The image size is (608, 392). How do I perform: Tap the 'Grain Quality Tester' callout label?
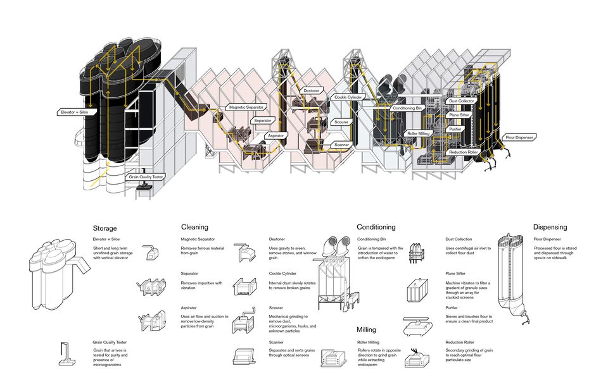click(x=146, y=176)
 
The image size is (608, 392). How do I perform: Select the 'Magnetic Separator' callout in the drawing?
click(x=246, y=107)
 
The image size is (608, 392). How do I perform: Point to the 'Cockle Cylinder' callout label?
click(x=348, y=97)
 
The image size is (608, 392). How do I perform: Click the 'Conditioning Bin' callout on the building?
click(x=408, y=108)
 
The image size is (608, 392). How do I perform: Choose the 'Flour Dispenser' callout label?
click(x=519, y=137)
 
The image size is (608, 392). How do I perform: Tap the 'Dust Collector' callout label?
click(x=461, y=101)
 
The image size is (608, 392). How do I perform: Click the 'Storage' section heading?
click(x=105, y=228)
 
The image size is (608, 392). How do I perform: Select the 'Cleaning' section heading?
click(x=194, y=227)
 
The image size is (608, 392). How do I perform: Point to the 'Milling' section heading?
click(x=366, y=329)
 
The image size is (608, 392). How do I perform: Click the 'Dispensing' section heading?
click(x=550, y=227)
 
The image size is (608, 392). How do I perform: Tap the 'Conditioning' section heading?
click(x=376, y=227)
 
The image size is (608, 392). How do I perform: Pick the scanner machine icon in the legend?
click(x=243, y=357)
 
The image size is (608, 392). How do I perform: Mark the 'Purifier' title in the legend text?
click(x=454, y=308)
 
